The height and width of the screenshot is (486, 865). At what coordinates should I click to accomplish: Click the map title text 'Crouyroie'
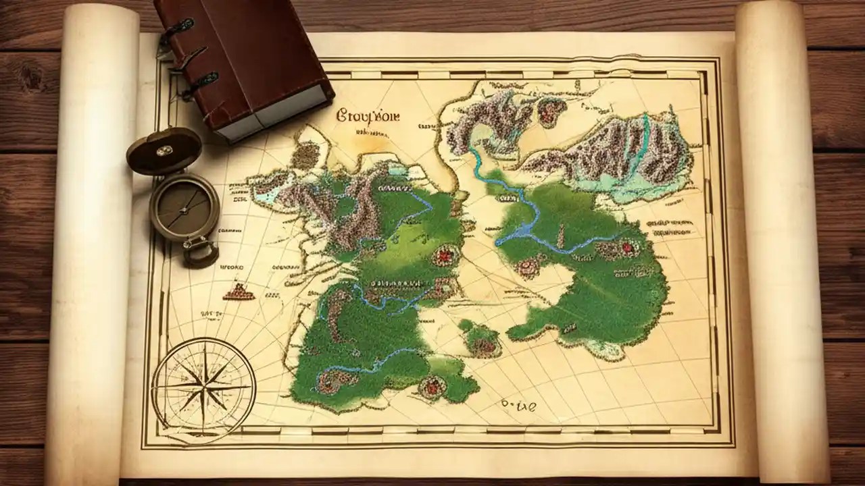click(x=368, y=115)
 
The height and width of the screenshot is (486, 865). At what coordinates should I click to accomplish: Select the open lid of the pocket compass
click(x=164, y=150)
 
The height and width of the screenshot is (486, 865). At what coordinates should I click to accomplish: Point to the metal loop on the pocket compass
click(x=201, y=253)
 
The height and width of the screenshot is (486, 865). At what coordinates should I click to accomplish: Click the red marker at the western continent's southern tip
click(x=430, y=387)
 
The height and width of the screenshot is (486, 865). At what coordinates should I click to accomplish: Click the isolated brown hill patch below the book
click(x=305, y=156)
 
